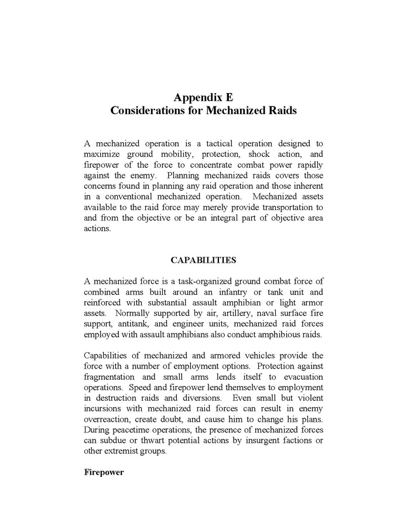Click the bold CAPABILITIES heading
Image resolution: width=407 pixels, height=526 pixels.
point(203,260)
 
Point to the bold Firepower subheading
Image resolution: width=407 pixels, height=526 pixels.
point(104,472)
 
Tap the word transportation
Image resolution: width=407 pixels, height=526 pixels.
point(280,207)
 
